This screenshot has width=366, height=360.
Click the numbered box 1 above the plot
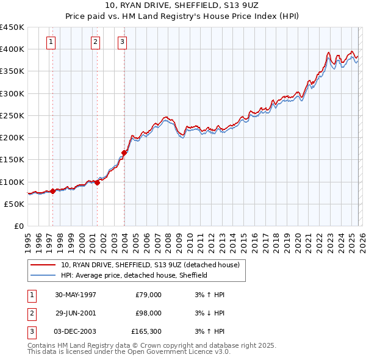pos(51,42)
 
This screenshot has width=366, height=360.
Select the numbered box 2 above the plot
pos(96,42)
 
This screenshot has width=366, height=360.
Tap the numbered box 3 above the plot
pos(123,42)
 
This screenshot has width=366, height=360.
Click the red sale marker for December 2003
pos(124,153)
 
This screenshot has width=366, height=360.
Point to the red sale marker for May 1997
pos(53,191)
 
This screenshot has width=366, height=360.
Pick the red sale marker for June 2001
pos(98,182)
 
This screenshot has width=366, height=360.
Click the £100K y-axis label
pos(12,182)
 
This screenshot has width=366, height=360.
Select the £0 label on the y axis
pos(18,226)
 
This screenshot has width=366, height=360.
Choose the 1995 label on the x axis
pos(28,240)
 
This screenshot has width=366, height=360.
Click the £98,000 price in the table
pos(149,313)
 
